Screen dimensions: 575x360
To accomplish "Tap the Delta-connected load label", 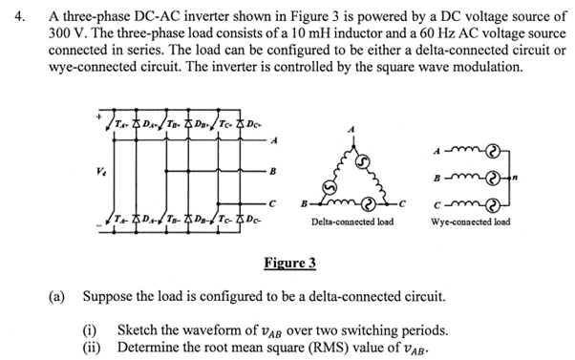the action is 351,222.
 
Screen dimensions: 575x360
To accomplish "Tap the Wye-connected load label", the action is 471,222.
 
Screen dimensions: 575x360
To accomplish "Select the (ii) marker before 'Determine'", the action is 92,347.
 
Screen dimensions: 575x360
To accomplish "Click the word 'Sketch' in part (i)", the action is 138,330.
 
